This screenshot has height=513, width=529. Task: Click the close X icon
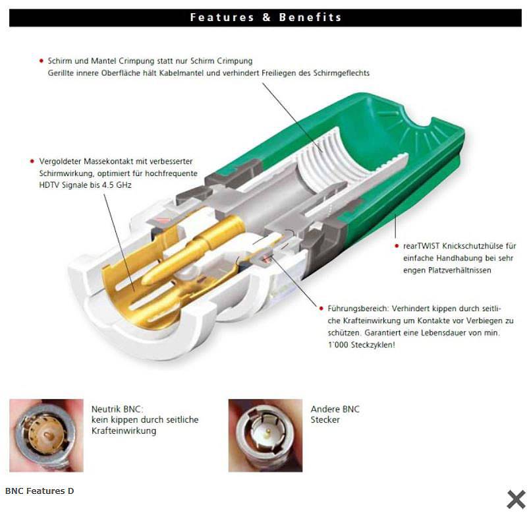point(516,499)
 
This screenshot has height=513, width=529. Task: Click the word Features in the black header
point(222,17)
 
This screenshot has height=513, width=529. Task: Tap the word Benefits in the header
point(310,17)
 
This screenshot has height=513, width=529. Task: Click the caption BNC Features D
point(40,491)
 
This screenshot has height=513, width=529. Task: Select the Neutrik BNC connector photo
point(46,435)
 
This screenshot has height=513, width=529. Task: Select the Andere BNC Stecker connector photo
point(265,435)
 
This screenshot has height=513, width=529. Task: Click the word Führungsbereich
point(358,309)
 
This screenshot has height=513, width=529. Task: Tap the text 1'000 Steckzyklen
point(361,345)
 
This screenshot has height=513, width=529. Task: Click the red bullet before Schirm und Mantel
point(42,61)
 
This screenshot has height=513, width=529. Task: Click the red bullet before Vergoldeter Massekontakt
point(32,161)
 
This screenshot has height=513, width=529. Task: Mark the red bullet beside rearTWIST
point(397,246)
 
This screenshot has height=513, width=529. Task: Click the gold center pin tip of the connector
point(146,280)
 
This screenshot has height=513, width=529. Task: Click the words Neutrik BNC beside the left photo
point(117,409)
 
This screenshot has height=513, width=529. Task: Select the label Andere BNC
point(335,409)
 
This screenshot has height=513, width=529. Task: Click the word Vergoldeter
point(60,161)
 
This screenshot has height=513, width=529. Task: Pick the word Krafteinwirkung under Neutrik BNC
point(124,431)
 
